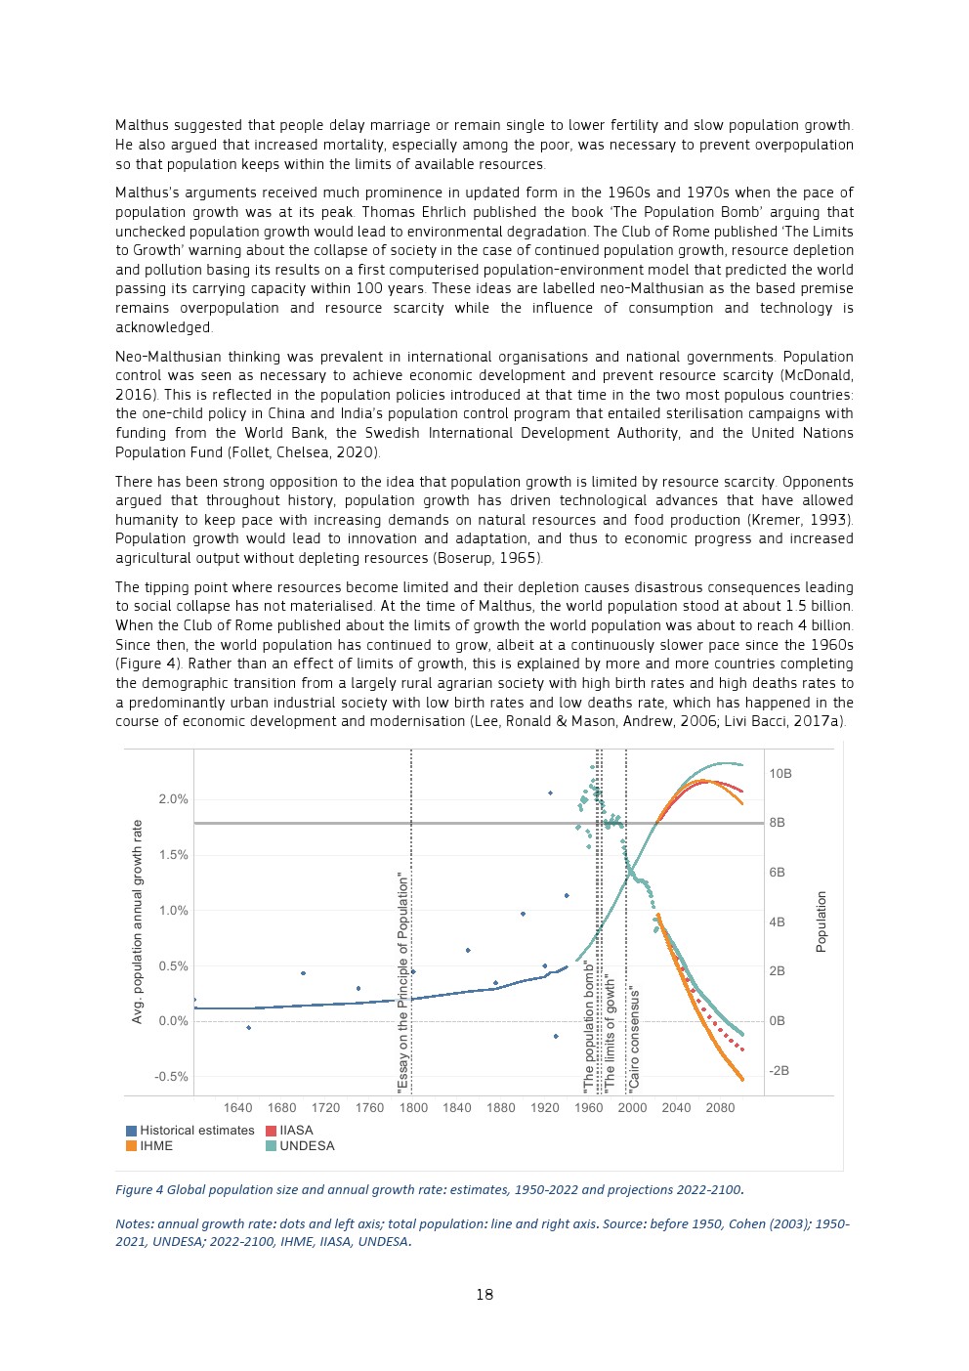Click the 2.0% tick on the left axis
point(173,799)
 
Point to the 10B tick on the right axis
point(780,774)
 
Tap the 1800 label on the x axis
point(413,1108)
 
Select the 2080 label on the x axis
point(720,1108)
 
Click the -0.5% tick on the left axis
point(171,1077)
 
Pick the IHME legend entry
point(156,1146)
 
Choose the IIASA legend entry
point(296,1131)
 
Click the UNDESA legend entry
point(307,1146)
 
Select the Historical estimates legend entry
point(196,1131)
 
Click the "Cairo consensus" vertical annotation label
point(634,1038)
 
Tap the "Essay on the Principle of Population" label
point(402,982)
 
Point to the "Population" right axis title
point(822,921)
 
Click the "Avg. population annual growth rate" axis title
point(138,921)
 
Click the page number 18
point(484,1295)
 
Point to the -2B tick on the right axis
point(779,1071)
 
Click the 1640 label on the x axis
point(237,1108)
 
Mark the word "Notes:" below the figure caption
point(135,1224)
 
